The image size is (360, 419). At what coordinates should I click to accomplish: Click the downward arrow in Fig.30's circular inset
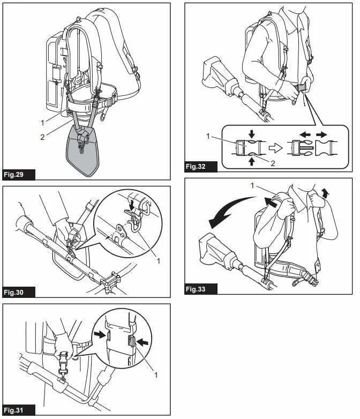pyautogui.click(x=132, y=204)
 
